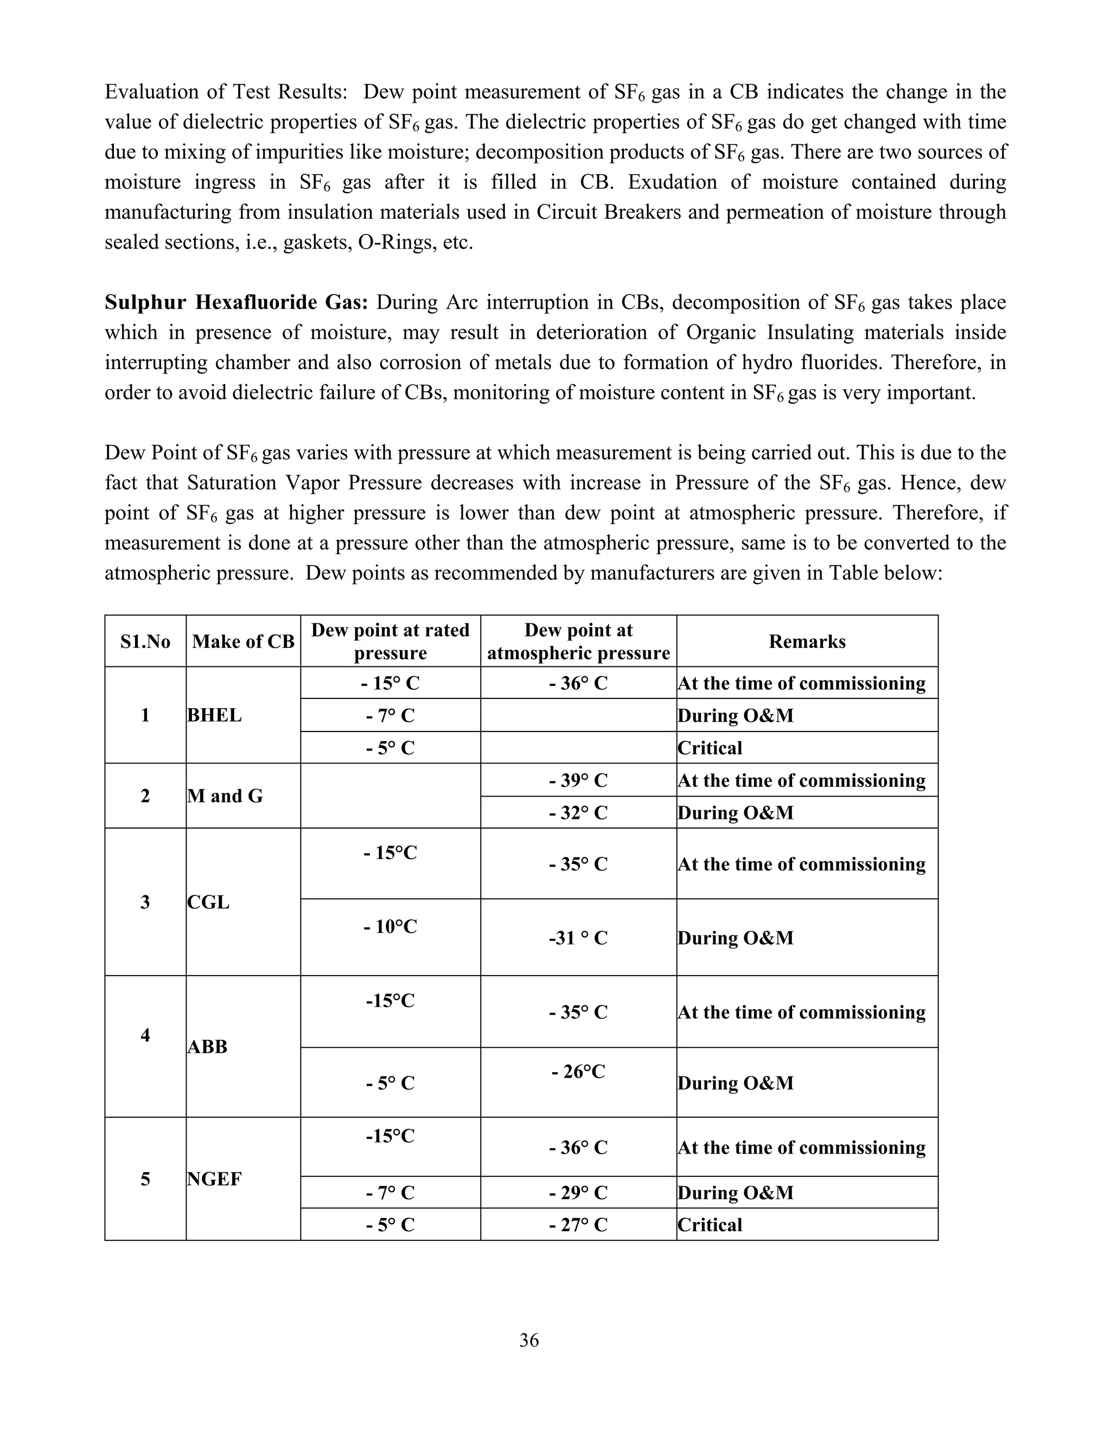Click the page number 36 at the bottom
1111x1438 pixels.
pos(528,1340)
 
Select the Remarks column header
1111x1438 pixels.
pos(806,641)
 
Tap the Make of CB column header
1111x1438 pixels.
pos(243,641)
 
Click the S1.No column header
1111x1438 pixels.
pos(145,641)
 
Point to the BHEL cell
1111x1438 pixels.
pos(215,715)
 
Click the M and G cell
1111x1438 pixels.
pos(225,796)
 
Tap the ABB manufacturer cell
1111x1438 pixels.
pos(207,1046)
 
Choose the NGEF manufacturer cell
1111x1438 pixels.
pos(215,1179)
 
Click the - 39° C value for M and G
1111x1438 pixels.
pos(578,780)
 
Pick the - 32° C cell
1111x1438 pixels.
pos(578,812)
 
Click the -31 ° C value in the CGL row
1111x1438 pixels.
pos(578,938)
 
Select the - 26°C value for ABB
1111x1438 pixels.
pos(578,1072)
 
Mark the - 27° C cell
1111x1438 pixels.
pos(578,1225)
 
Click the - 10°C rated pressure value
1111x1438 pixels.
pos(390,926)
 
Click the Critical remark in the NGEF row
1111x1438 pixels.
pos(710,1225)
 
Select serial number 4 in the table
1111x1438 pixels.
pos(145,1035)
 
